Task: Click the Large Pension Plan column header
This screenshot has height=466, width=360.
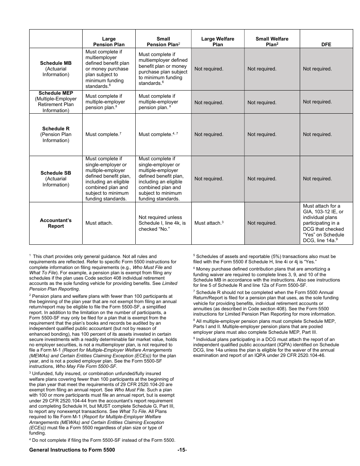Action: click(x=109, y=42)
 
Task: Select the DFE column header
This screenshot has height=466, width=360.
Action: click(x=326, y=44)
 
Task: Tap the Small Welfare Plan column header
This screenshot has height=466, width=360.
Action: click(x=272, y=42)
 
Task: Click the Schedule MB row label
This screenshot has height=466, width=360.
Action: click(x=56, y=69)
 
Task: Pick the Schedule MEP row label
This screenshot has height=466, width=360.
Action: click(x=56, y=102)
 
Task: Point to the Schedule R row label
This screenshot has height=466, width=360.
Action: click(x=56, y=134)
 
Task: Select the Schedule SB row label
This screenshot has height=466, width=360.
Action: click(x=56, y=179)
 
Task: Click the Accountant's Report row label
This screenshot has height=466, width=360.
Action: click(x=56, y=223)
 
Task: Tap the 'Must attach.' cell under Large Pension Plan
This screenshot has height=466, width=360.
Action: click(x=99, y=223)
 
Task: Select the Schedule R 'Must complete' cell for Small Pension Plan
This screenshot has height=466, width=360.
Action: click(x=158, y=134)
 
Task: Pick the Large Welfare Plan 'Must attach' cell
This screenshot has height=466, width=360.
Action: click(x=209, y=223)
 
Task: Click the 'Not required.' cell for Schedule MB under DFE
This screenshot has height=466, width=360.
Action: click(x=317, y=69)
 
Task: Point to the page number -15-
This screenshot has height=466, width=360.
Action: click(x=182, y=450)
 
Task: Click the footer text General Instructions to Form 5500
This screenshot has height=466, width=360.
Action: click(x=72, y=450)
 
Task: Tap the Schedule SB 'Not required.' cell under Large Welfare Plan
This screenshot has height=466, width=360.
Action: click(x=209, y=179)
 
